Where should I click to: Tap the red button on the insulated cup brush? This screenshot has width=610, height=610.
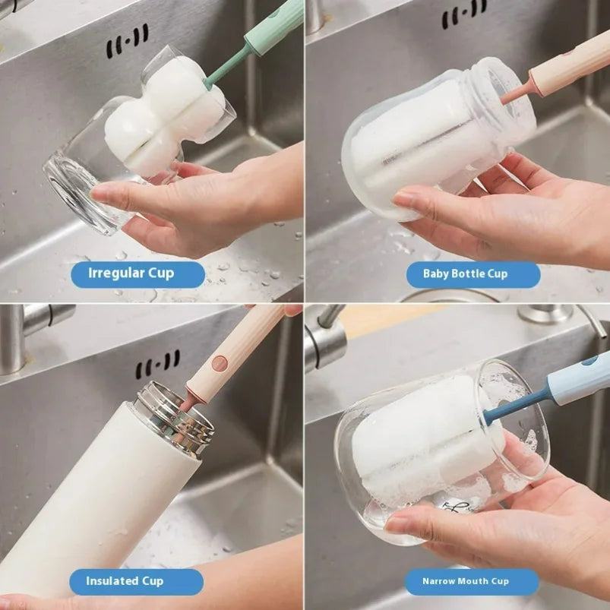(220, 363)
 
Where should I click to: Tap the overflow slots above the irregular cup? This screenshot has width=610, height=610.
(127, 42)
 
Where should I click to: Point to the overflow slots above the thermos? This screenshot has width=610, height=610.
(158, 365)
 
